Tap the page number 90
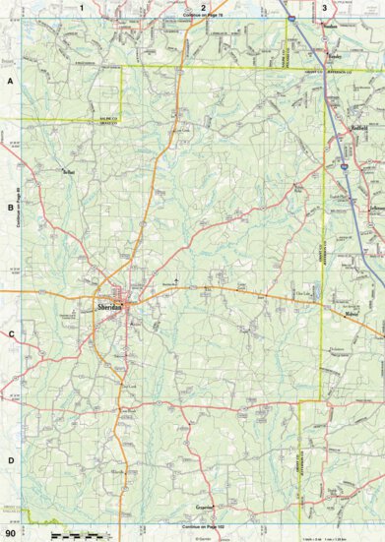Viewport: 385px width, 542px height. pyautogui.click(x=9, y=533)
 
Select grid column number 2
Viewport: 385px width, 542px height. pyautogui.click(x=204, y=7)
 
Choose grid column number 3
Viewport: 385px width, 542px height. pyautogui.click(x=325, y=7)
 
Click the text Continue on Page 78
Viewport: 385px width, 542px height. pyautogui.click(x=204, y=15)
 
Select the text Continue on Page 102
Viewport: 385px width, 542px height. pyautogui.click(x=204, y=528)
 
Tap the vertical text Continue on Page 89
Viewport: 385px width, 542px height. pyautogui.click(x=19, y=208)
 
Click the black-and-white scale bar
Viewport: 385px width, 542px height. pyautogui.click(x=75, y=534)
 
